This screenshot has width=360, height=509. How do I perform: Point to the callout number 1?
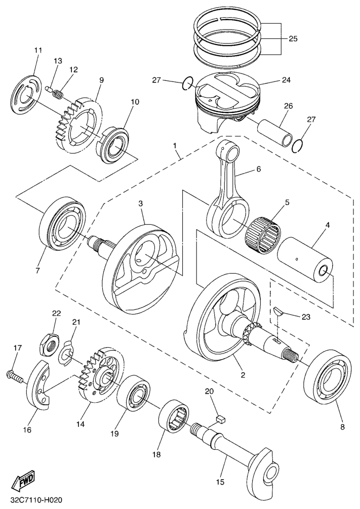pos(175,146)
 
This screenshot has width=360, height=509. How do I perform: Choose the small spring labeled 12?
pos(59,94)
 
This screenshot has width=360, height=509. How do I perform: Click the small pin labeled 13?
pos(49,90)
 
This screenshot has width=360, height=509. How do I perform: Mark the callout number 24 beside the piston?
pos(287,80)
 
